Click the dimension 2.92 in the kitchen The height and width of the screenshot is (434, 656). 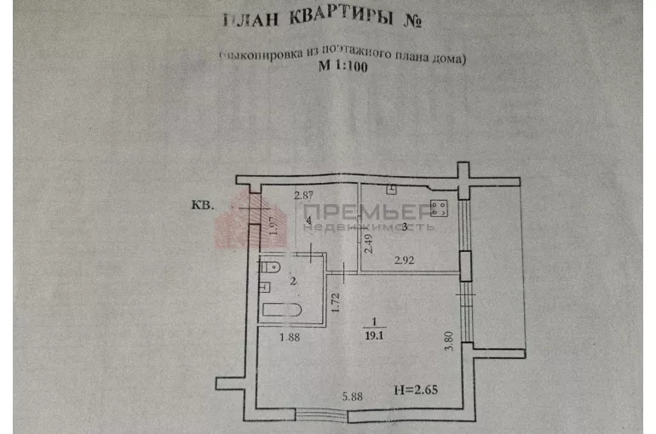pyautogui.click(x=404, y=260)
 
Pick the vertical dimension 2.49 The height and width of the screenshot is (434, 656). pyautogui.click(x=369, y=244)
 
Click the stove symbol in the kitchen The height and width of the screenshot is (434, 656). pyautogui.click(x=441, y=207)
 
